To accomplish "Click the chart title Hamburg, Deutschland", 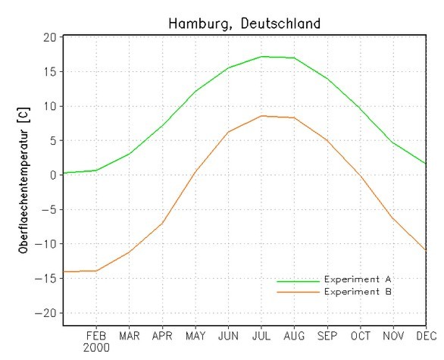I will pyautogui.click(x=244, y=23).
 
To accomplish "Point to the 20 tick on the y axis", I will pyautogui.click(x=49, y=38).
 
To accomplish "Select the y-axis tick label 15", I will pyautogui.click(x=49, y=72).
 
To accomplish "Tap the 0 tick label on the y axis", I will pyautogui.click(x=53, y=175).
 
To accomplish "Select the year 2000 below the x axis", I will pyautogui.click(x=97, y=348).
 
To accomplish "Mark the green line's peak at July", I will pyautogui.click(x=261, y=56).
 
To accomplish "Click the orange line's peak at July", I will pyautogui.click(x=261, y=116).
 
